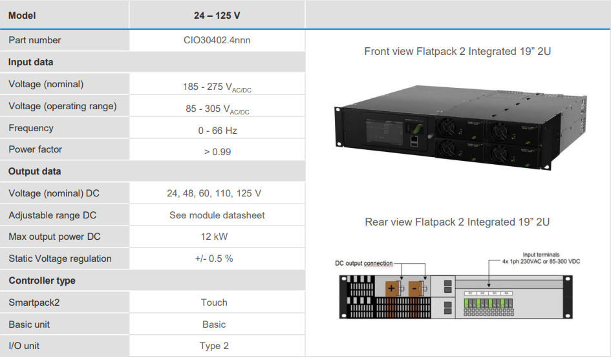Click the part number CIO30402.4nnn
217,40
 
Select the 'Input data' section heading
31,62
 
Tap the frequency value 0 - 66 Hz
217,130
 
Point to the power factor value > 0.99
217,151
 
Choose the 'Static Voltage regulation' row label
60,259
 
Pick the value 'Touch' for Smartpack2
214,302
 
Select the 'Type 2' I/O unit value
214,346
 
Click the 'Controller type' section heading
42,281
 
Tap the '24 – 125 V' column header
217,15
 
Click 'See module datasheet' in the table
217,215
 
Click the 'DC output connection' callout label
363,263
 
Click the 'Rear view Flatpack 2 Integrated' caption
457,222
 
